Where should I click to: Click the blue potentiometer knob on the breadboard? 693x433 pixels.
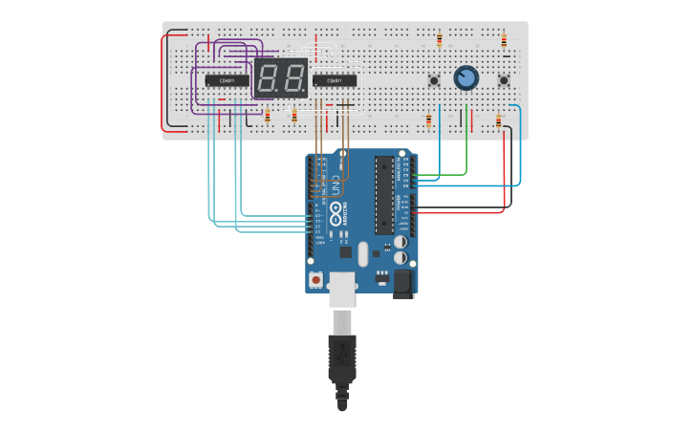click(466, 77)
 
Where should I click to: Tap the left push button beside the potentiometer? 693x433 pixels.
click(434, 80)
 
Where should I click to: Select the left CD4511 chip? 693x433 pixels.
click(227, 81)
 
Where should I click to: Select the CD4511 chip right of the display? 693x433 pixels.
click(336, 81)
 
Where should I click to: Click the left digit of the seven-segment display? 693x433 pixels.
click(269, 77)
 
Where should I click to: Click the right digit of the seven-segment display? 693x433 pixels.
click(293, 77)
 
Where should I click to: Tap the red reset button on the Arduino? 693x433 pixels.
click(316, 279)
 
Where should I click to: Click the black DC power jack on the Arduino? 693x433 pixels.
click(402, 282)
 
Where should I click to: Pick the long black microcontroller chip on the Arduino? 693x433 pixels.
click(383, 195)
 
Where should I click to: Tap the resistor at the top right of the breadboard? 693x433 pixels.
click(504, 40)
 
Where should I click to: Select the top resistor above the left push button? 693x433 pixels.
click(439, 40)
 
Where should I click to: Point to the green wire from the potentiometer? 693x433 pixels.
click(466, 143)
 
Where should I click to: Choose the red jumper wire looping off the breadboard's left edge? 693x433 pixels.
click(167, 81)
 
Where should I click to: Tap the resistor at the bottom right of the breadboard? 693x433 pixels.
click(498, 121)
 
